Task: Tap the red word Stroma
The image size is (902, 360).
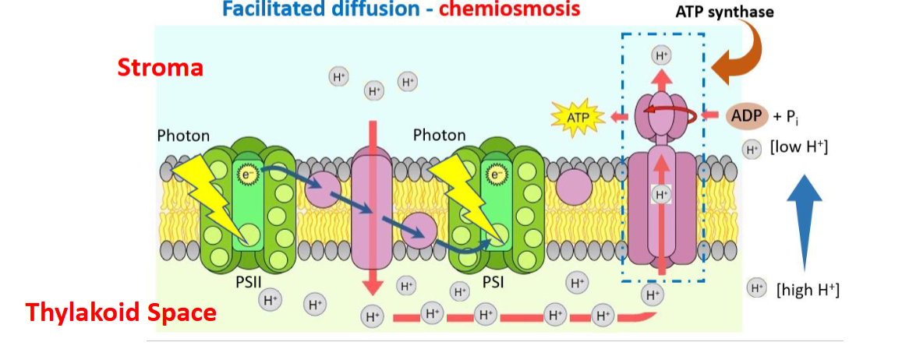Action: [160, 68]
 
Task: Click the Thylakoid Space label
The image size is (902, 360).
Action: [121, 312]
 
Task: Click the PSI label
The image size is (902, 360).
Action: [493, 281]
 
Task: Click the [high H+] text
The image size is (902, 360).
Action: [808, 290]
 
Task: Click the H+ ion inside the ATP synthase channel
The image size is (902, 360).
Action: [661, 194]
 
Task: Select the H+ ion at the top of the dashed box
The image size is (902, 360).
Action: [661, 55]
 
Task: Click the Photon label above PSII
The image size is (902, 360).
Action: [183, 136]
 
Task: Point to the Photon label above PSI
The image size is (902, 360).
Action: [439, 136]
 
